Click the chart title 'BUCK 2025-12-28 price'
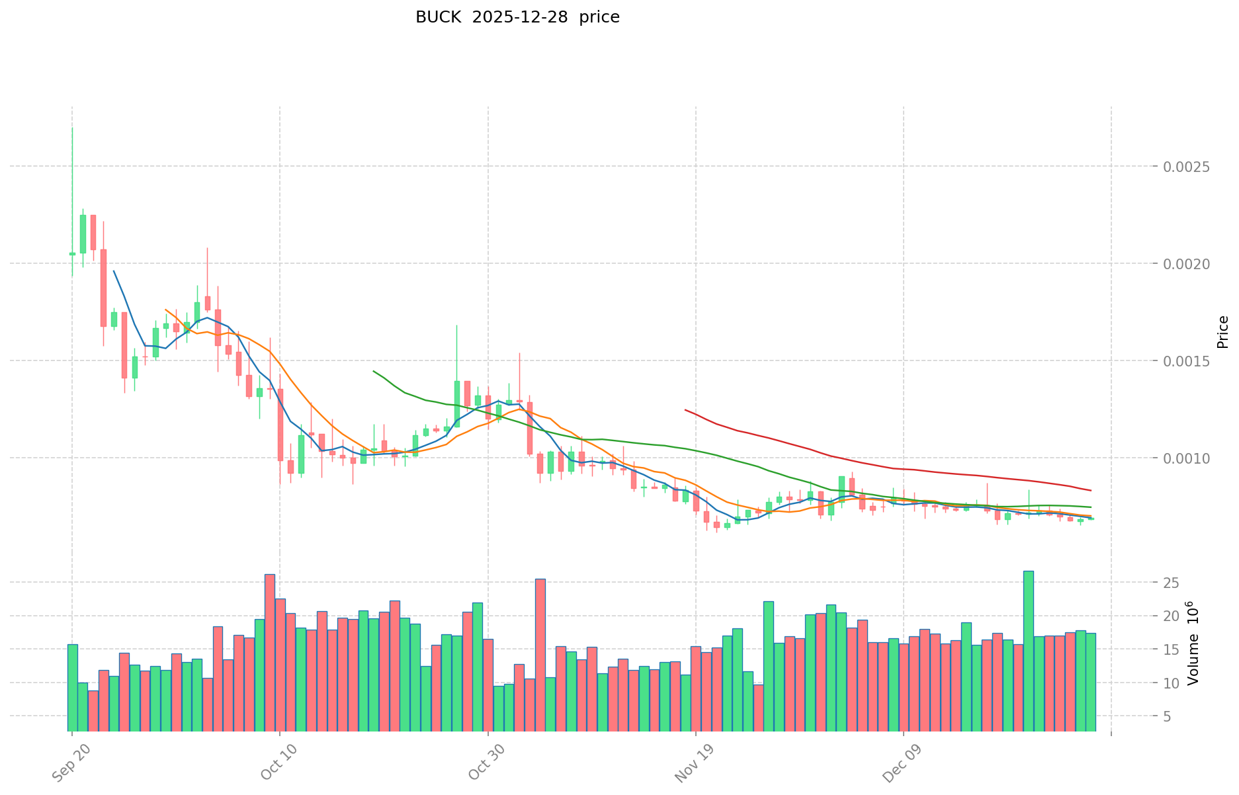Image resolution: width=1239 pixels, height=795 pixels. click(517, 18)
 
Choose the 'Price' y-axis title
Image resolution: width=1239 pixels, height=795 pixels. click(1222, 332)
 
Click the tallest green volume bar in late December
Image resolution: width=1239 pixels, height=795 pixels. click(1028, 651)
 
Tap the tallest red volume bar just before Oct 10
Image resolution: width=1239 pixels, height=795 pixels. click(270, 652)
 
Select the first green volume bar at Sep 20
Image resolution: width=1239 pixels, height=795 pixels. click(72, 687)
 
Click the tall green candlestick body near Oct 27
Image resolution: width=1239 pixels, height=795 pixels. click(456, 403)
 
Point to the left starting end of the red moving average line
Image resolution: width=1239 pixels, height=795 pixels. click(685, 410)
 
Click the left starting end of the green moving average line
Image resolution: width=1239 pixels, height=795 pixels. click(374, 371)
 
